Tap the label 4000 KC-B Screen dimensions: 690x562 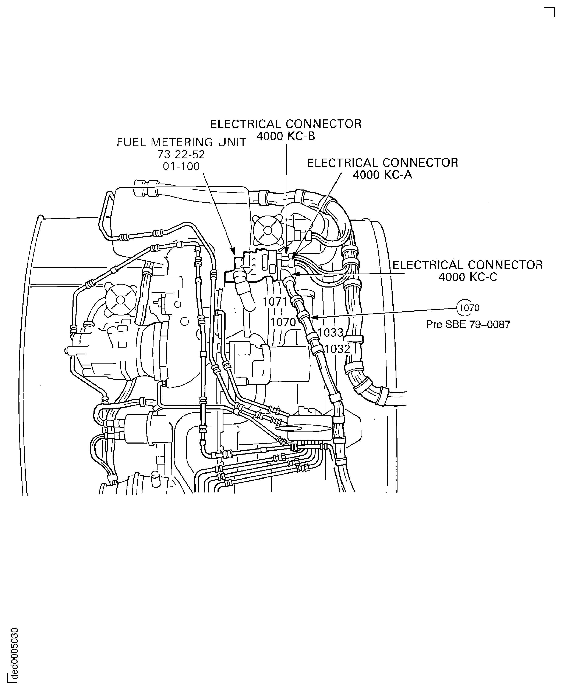(286, 136)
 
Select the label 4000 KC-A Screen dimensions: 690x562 (382, 175)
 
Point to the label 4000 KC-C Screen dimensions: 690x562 (467, 277)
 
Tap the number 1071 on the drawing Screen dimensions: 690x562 (275, 302)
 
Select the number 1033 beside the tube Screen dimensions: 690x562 (330, 332)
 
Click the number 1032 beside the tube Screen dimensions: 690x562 (337, 349)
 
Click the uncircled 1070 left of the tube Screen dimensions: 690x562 (283, 322)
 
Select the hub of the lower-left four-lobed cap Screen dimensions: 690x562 (120, 300)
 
